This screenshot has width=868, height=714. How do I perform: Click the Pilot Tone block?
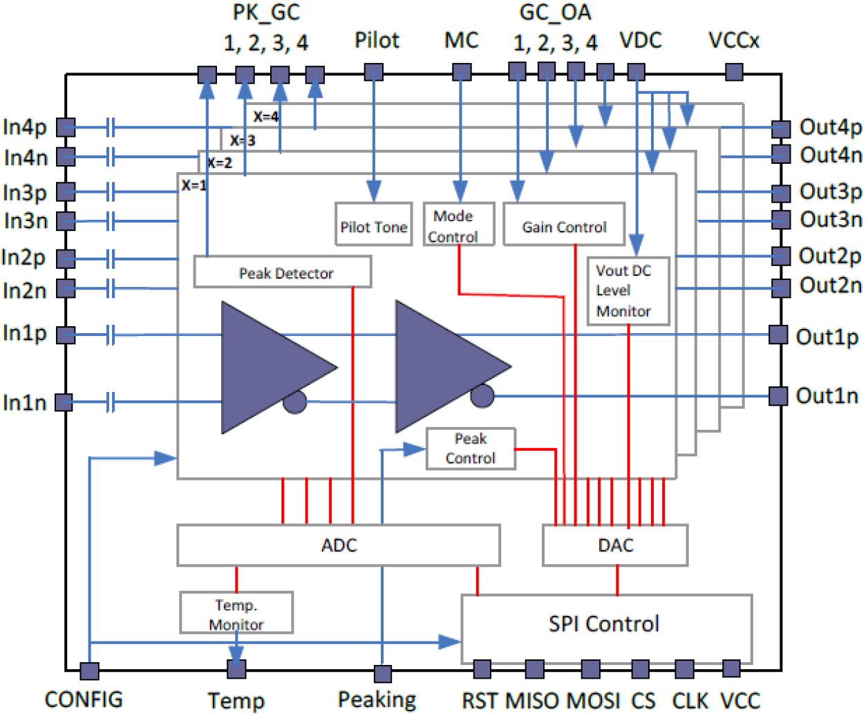coord(373,224)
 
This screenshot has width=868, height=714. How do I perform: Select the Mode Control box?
coord(459,224)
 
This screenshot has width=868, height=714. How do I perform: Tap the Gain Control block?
coord(564,224)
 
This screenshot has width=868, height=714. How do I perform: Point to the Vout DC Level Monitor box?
coord(628,290)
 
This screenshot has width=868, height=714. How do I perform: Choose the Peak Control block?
coord(471,449)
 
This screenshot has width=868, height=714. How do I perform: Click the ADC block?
coord(339,545)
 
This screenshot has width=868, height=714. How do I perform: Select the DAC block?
coord(615,545)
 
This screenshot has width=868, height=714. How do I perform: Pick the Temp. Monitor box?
coord(236,612)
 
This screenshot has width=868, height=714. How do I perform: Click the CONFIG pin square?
coord(89,670)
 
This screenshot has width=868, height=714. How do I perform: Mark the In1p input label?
coord(26,333)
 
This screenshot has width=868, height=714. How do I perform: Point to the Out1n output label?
coord(827,396)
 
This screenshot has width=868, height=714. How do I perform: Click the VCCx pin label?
coord(734,40)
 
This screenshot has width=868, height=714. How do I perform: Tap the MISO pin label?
coord(534,700)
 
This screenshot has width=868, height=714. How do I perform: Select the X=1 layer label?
coord(194,185)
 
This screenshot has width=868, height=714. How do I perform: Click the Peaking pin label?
coord(377,700)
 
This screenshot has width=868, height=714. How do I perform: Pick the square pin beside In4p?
coord(66,127)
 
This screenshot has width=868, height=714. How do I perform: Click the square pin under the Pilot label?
coord(373,72)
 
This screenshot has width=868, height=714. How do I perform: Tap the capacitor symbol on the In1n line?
coord(110,402)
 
